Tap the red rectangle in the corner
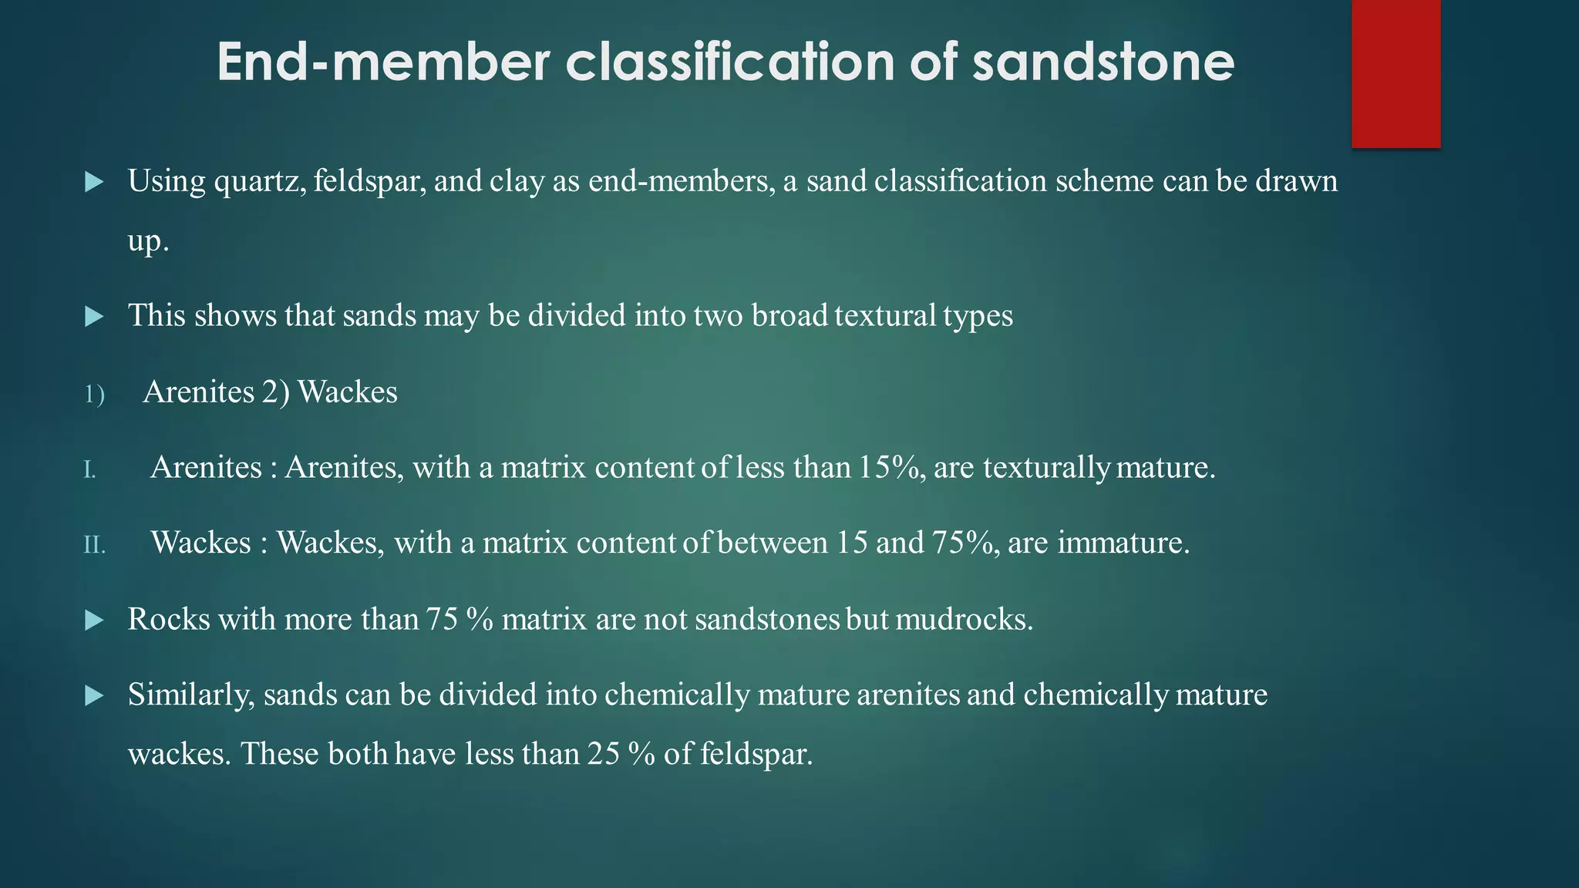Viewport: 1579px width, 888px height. (x=1396, y=73)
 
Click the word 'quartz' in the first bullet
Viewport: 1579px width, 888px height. (x=260, y=182)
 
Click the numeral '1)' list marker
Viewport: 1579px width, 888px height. (x=94, y=395)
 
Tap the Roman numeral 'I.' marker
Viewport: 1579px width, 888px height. (x=89, y=469)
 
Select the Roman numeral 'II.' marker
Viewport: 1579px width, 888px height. (x=94, y=545)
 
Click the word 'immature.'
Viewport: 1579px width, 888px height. (x=1123, y=543)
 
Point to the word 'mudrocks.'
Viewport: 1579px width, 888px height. (x=964, y=619)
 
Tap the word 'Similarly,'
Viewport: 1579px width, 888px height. (x=191, y=695)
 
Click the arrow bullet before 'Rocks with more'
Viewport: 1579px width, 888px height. (x=94, y=620)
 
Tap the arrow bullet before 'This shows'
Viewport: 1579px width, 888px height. (x=94, y=316)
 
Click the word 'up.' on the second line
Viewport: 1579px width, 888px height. (x=148, y=241)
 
